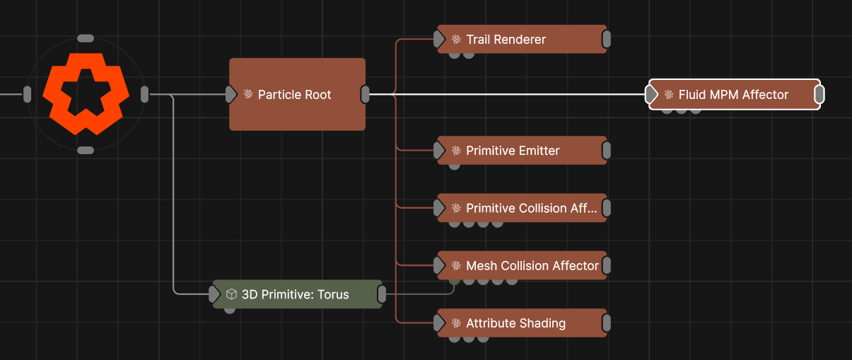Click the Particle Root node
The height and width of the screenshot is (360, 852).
coord(297,95)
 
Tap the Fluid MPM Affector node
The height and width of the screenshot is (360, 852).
coord(734,95)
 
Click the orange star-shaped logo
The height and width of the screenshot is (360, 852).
coord(86,94)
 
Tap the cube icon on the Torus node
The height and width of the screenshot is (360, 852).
coord(231,294)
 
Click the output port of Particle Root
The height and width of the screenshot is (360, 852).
coord(366,94)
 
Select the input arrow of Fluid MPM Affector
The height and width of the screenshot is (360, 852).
coord(651,95)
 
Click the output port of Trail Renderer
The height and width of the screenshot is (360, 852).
coord(606,40)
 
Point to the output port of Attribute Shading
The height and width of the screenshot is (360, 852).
coord(606,323)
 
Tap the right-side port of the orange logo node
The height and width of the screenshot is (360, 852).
coord(144,94)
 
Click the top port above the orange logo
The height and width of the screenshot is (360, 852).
coord(86,38)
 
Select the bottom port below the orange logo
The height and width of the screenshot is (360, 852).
coord(86,150)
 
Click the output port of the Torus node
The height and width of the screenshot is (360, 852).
coord(382,294)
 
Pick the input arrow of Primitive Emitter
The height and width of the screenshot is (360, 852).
coord(439,151)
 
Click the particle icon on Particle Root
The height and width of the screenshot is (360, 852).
coord(248,94)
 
